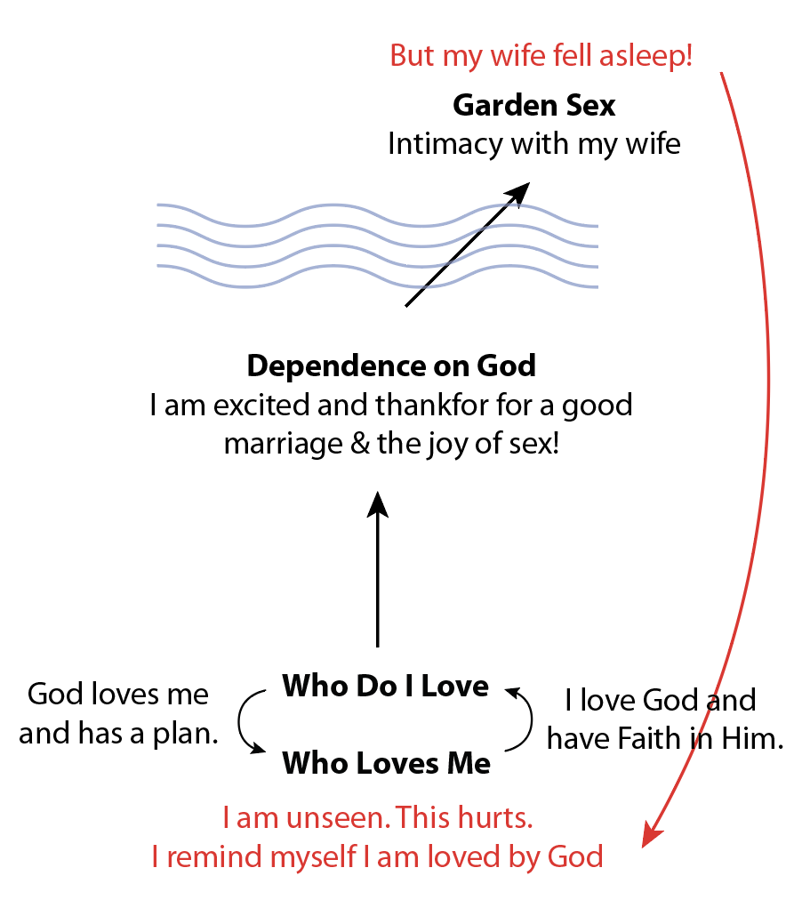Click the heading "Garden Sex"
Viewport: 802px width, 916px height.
pyautogui.click(x=533, y=106)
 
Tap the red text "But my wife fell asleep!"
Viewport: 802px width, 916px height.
pyautogui.click(x=541, y=56)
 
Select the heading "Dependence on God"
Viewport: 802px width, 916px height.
pyautogui.click(x=391, y=366)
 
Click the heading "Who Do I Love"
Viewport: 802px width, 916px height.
pyautogui.click(x=385, y=687)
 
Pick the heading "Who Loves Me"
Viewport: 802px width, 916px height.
pyautogui.click(x=386, y=763)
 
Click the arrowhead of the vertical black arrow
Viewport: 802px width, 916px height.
pyautogui.click(x=378, y=503)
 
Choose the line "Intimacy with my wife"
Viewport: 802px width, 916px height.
pyautogui.click(x=533, y=144)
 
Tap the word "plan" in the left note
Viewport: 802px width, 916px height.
pyautogui.click(x=188, y=735)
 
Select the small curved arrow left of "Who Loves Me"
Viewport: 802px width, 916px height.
pyautogui.click(x=247, y=722)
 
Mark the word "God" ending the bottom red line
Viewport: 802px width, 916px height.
pyautogui.click(x=575, y=857)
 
